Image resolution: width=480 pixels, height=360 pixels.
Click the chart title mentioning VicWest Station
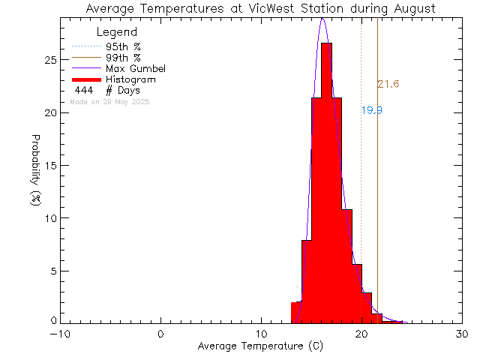(x=260, y=9)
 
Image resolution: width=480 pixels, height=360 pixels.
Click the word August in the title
(x=411, y=9)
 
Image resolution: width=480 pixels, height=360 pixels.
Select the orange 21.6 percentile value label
(x=388, y=85)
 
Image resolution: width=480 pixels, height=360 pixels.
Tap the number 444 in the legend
(x=83, y=90)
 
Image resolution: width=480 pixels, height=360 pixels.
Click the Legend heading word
(x=117, y=32)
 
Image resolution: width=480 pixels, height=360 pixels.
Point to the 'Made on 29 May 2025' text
(x=109, y=101)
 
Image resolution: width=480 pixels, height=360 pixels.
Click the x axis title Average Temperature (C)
(x=260, y=346)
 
